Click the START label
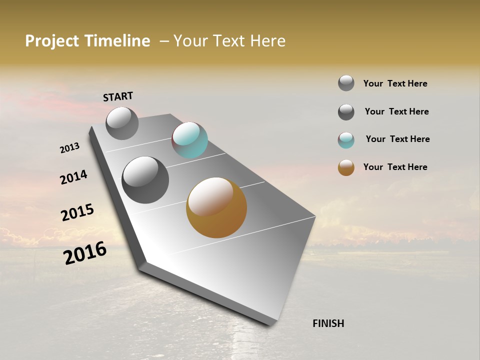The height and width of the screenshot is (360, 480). (x=118, y=96)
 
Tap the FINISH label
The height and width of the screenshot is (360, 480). (x=328, y=323)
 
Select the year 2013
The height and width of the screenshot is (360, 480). (x=69, y=148)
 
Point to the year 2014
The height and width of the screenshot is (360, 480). (x=73, y=177)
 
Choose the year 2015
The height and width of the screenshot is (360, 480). (x=77, y=212)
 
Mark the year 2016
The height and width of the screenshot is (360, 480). (x=85, y=252)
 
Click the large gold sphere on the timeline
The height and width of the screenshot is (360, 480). (x=216, y=207)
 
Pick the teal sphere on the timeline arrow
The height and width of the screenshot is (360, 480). (x=189, y=140)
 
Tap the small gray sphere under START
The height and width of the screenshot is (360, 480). (x=122, y=123)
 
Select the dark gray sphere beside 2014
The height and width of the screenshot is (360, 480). (x=145, y=180)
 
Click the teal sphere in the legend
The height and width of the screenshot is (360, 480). (x=346, y=140)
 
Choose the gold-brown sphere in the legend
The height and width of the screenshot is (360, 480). (x=346, y=167)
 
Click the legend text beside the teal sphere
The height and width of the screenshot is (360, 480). (x=397, y=139)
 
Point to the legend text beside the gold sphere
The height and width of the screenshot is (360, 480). (x=395, y=167)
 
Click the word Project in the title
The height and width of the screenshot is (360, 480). (x=52, y=41)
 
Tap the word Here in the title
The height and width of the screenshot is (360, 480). (x=267, y=41)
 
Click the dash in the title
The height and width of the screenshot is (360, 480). (x=163, y=41)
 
